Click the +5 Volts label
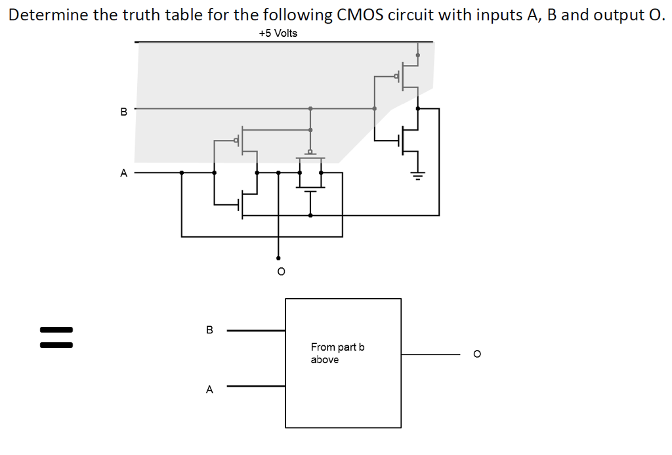click(x=277, y=33)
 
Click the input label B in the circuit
click(x=123, y=112)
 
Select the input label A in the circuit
click(x=123, y=173)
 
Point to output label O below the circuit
click(x=280, y=271)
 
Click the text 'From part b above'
click(x=337, y=353)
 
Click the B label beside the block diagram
click(x=209, y=330)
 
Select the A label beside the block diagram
click(x=209, y=389)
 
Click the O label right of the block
click(x=477, y=355)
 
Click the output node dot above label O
click(x=278, y=258)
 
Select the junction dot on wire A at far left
click(x=182, y=173)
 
